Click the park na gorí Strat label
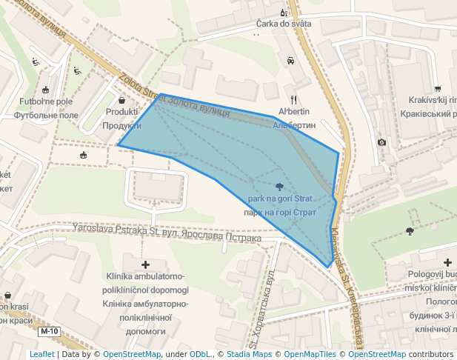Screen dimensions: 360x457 pos(281,199)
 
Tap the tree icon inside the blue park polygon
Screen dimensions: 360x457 pos(279,187)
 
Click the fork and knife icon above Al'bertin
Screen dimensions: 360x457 pos(294,99)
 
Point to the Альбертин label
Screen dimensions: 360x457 pos(294,125)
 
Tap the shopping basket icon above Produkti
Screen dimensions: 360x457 pos(121,99)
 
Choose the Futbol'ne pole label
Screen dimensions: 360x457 pos(47,101)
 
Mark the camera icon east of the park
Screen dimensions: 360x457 pos(381,141)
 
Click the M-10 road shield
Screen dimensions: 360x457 pos(49,331)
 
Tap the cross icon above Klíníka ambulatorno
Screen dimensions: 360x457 pos(145,264)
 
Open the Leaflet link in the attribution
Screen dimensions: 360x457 pos(42,355)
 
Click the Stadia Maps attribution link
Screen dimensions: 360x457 pos(249,355)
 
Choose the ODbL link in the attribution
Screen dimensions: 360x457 pos(200,355)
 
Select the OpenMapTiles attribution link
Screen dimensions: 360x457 pos(309,355)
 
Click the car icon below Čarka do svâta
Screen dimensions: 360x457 pos(290,61)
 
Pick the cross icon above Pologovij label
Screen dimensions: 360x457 pos(448,261)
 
